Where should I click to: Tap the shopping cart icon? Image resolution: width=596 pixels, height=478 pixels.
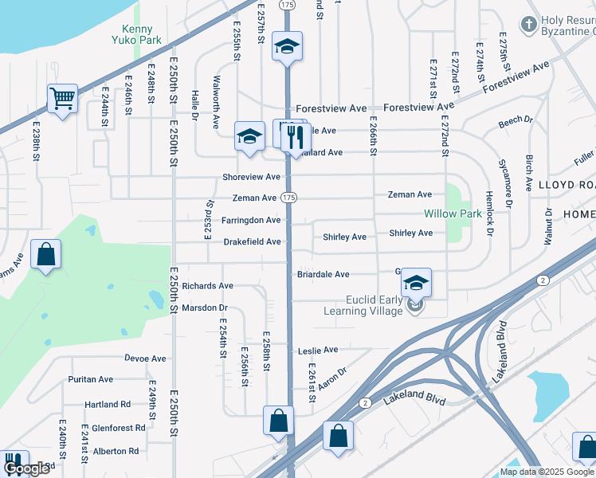tap(62, 99)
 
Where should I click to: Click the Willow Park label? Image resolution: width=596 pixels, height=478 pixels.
tap(452, 214)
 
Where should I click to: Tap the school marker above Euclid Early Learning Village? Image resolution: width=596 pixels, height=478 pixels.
tap(415, 283)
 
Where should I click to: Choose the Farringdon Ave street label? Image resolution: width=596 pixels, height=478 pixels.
tap(251, 220)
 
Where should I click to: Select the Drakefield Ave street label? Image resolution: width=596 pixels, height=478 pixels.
tap(252, 241)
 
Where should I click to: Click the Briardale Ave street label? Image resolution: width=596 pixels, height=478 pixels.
tap(323, 275)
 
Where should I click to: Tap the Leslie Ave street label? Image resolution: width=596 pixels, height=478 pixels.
tap(318, 350)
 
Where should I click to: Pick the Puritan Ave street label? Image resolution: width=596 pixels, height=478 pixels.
tap(90, 379)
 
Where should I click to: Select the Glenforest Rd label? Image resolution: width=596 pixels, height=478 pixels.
tap(119, 428)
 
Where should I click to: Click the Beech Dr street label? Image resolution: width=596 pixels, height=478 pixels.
tap(516, 121)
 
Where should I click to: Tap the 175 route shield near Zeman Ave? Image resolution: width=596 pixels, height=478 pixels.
tap(288, 198)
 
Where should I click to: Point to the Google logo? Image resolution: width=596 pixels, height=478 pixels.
tap(26, 469)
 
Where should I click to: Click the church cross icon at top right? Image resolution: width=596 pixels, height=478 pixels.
tap(528, 25)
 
